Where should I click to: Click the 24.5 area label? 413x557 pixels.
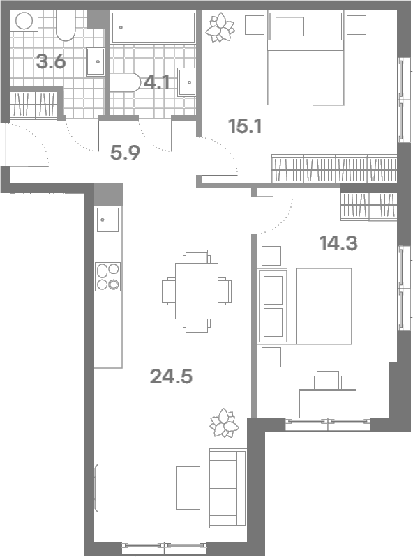[171, 376]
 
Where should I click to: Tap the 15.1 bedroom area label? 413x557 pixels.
[246, 126]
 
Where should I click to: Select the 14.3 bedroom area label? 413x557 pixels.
[338, 243]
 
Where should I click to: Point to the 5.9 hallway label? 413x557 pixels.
[125, 153]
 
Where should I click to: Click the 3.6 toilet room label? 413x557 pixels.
[51, 62]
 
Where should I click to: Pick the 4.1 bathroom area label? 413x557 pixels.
[156, 83]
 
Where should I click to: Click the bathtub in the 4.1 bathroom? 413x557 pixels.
[153, 27]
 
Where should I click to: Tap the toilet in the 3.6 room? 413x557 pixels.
[66, 26]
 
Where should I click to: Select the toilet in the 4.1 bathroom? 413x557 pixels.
[125, 82]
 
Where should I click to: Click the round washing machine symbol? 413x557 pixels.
[24, 21]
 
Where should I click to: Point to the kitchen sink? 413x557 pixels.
[107, 220]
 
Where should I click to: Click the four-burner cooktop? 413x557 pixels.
[107, 277]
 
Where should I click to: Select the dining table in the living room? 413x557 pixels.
[197, 291]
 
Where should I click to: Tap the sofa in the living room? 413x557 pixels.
[228, 488]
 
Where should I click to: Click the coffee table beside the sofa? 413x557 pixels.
[188, 488]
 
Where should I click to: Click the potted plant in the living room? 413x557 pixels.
[224, 422]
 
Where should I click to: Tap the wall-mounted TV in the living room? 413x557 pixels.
[96, 488]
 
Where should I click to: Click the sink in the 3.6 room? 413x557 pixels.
[96, 62]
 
